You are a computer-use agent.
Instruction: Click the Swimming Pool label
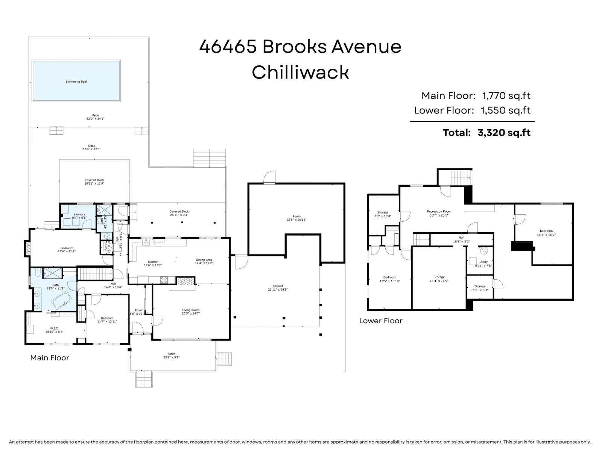click(x=76, y=82)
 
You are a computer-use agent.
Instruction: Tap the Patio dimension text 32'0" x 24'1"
click(x=95, y=119)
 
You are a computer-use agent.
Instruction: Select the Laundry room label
click(x=79, y=214)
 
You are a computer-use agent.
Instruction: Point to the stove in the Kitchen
click(x=164, y=280)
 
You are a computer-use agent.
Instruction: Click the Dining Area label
click(x=204, y=260)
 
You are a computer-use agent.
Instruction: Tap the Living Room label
click(x=191, y=310)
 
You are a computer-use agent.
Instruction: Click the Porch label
click(x=171, y=354)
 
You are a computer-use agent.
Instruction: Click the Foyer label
click(x=138, y=310)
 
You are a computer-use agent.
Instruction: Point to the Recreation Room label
click(x=439, y=212)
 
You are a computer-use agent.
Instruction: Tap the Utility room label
click(x=483, y=262)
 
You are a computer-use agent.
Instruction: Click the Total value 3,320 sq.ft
click(x=504, y=133)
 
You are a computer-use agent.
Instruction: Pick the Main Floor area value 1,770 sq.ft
click(x=506, y=96)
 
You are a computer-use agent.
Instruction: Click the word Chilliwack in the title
click(x=300, y=72)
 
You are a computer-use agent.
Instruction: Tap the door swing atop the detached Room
click(x=269, y=177)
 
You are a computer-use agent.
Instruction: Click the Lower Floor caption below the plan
click(x=380, y=321)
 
